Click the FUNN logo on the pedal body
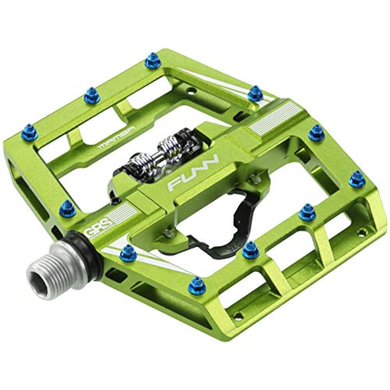point(193,174)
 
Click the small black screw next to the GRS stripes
point(113,201)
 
